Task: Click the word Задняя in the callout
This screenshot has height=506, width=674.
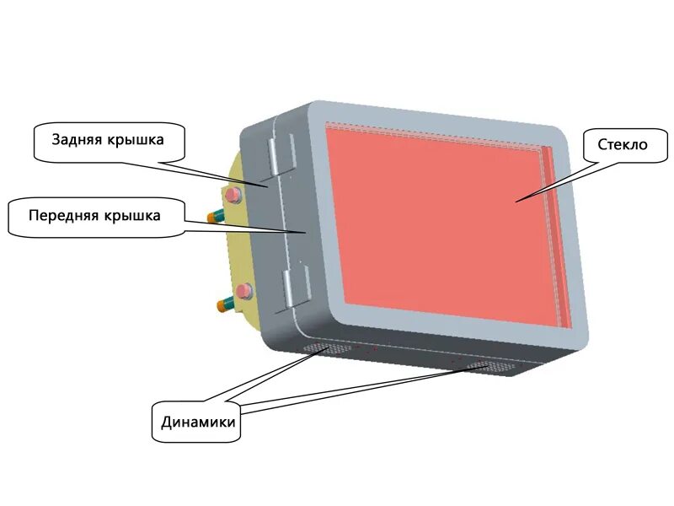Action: [78, 139]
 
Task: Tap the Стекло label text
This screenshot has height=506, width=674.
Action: [623, 145]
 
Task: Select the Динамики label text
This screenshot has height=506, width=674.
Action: [199, 423]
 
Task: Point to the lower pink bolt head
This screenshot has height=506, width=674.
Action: [244, 292]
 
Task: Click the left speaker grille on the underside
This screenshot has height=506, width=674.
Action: [319, 348]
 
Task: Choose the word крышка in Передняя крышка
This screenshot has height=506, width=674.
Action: [135, 215]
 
